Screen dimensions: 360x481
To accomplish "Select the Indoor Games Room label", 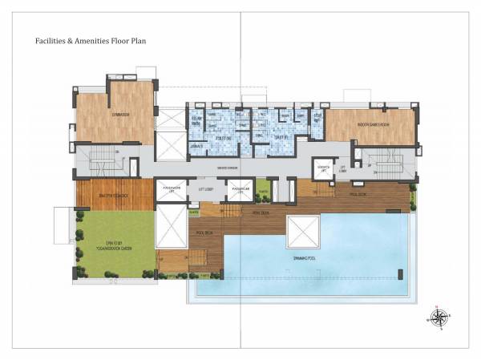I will [371, 125].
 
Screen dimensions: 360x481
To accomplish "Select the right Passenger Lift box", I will [240, 190].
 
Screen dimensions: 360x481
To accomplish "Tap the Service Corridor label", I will [228, 168].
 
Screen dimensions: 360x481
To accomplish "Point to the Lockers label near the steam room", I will [196, 147].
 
